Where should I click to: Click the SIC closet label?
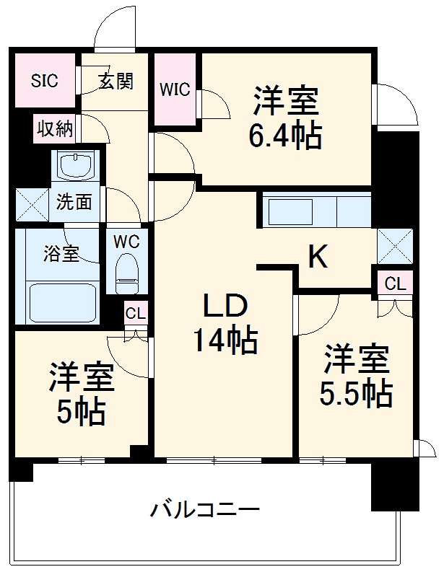coord(44,81)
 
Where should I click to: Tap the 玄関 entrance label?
coord(116,81)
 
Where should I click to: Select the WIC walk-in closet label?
coord(175,89)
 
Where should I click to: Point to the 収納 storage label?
coord(55,130)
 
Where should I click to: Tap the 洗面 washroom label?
coord(74,203)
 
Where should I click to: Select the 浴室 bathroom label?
coord(61,254)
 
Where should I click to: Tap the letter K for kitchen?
coord(318,256)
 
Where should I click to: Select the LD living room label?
coord(225,306)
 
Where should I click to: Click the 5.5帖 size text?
coord(356,393)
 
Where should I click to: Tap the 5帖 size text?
coord(82,411)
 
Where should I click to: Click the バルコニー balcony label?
coord(204,511)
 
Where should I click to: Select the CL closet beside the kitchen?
coord(395,283)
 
